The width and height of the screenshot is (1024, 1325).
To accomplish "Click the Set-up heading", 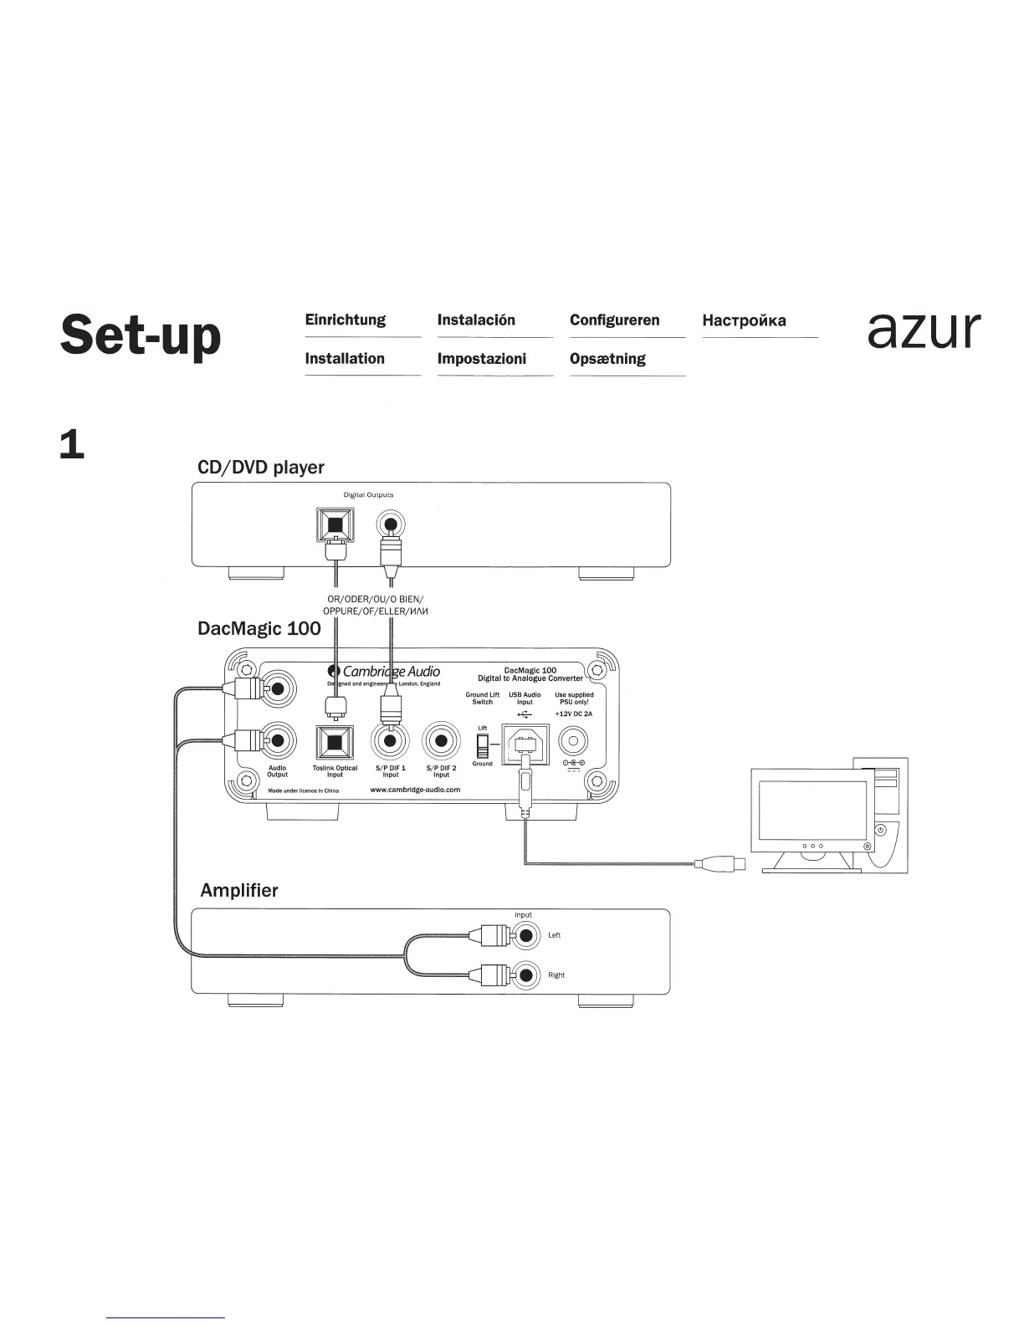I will pos(141,336).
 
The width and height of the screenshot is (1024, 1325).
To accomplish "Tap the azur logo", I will pos(924,330).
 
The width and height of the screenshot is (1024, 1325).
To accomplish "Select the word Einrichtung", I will pos(345,320).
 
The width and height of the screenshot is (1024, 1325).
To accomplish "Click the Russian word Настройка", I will pos(744,321).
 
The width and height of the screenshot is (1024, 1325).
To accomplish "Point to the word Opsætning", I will pos(607,359).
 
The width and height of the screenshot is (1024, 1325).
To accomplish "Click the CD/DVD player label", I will pos(260,468).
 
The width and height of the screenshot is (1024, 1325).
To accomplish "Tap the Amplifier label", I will pos(239,890).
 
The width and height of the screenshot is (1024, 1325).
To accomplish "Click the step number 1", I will pos(72,446).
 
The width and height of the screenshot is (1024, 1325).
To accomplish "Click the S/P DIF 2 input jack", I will pos(442,740).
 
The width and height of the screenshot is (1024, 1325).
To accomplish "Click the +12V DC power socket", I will pos(574,741).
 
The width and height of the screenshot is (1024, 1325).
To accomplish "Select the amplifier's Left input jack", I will pos(525,935).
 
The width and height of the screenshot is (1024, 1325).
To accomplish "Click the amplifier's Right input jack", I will pos(525,975).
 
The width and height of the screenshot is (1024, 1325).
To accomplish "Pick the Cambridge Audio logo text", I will pos(391,671).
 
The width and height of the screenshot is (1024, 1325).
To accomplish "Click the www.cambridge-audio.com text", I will pos(415,790).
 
